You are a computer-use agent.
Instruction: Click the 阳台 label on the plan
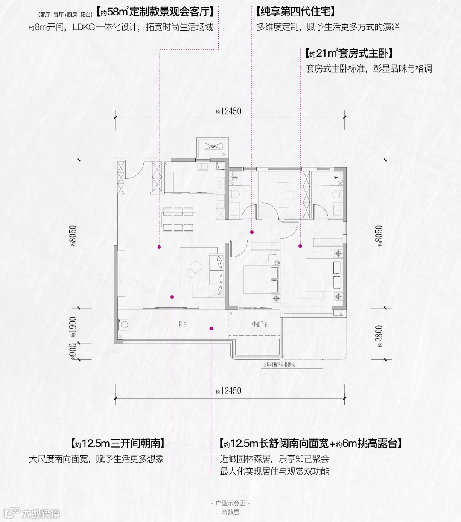coord(183,324)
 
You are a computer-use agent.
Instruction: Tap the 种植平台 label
coord(260,324)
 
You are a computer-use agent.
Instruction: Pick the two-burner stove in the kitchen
coord(221,183)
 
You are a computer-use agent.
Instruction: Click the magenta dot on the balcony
coord(211,328)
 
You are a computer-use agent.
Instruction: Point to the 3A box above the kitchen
coord(212,146)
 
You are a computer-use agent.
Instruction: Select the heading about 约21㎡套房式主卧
coord(349,53)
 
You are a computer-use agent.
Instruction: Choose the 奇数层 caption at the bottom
coord(230,512)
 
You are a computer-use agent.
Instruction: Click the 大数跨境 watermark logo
coord(32,513)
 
